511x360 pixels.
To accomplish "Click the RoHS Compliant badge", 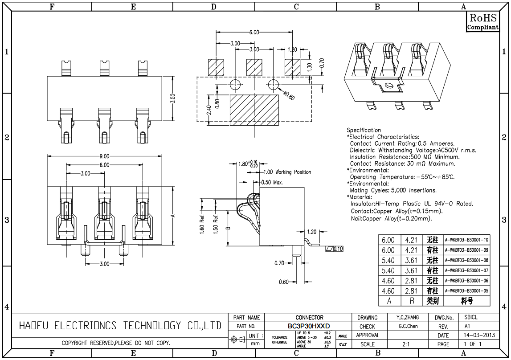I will pos(482,22).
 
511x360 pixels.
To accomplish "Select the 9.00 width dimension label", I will pos(104,156).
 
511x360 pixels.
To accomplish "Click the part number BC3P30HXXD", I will pos(309,326).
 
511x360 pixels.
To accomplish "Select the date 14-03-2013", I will pos(478,335).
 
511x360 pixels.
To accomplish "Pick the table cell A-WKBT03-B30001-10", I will pos(466,240).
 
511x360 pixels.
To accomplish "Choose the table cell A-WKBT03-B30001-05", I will pos(466,291).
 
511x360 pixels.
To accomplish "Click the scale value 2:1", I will pos(406,344).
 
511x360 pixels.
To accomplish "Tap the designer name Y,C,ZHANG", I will pos(408,318).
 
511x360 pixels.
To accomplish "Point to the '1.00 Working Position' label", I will pos(287,172).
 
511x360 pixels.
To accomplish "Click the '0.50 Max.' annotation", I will pos(272,182).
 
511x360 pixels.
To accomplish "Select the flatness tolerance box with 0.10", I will pos(335,249).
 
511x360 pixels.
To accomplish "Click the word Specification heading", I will pos(364,130).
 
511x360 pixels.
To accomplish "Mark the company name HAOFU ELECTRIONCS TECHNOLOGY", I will pos(120,326).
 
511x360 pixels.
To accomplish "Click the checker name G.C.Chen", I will pos(408,326).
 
